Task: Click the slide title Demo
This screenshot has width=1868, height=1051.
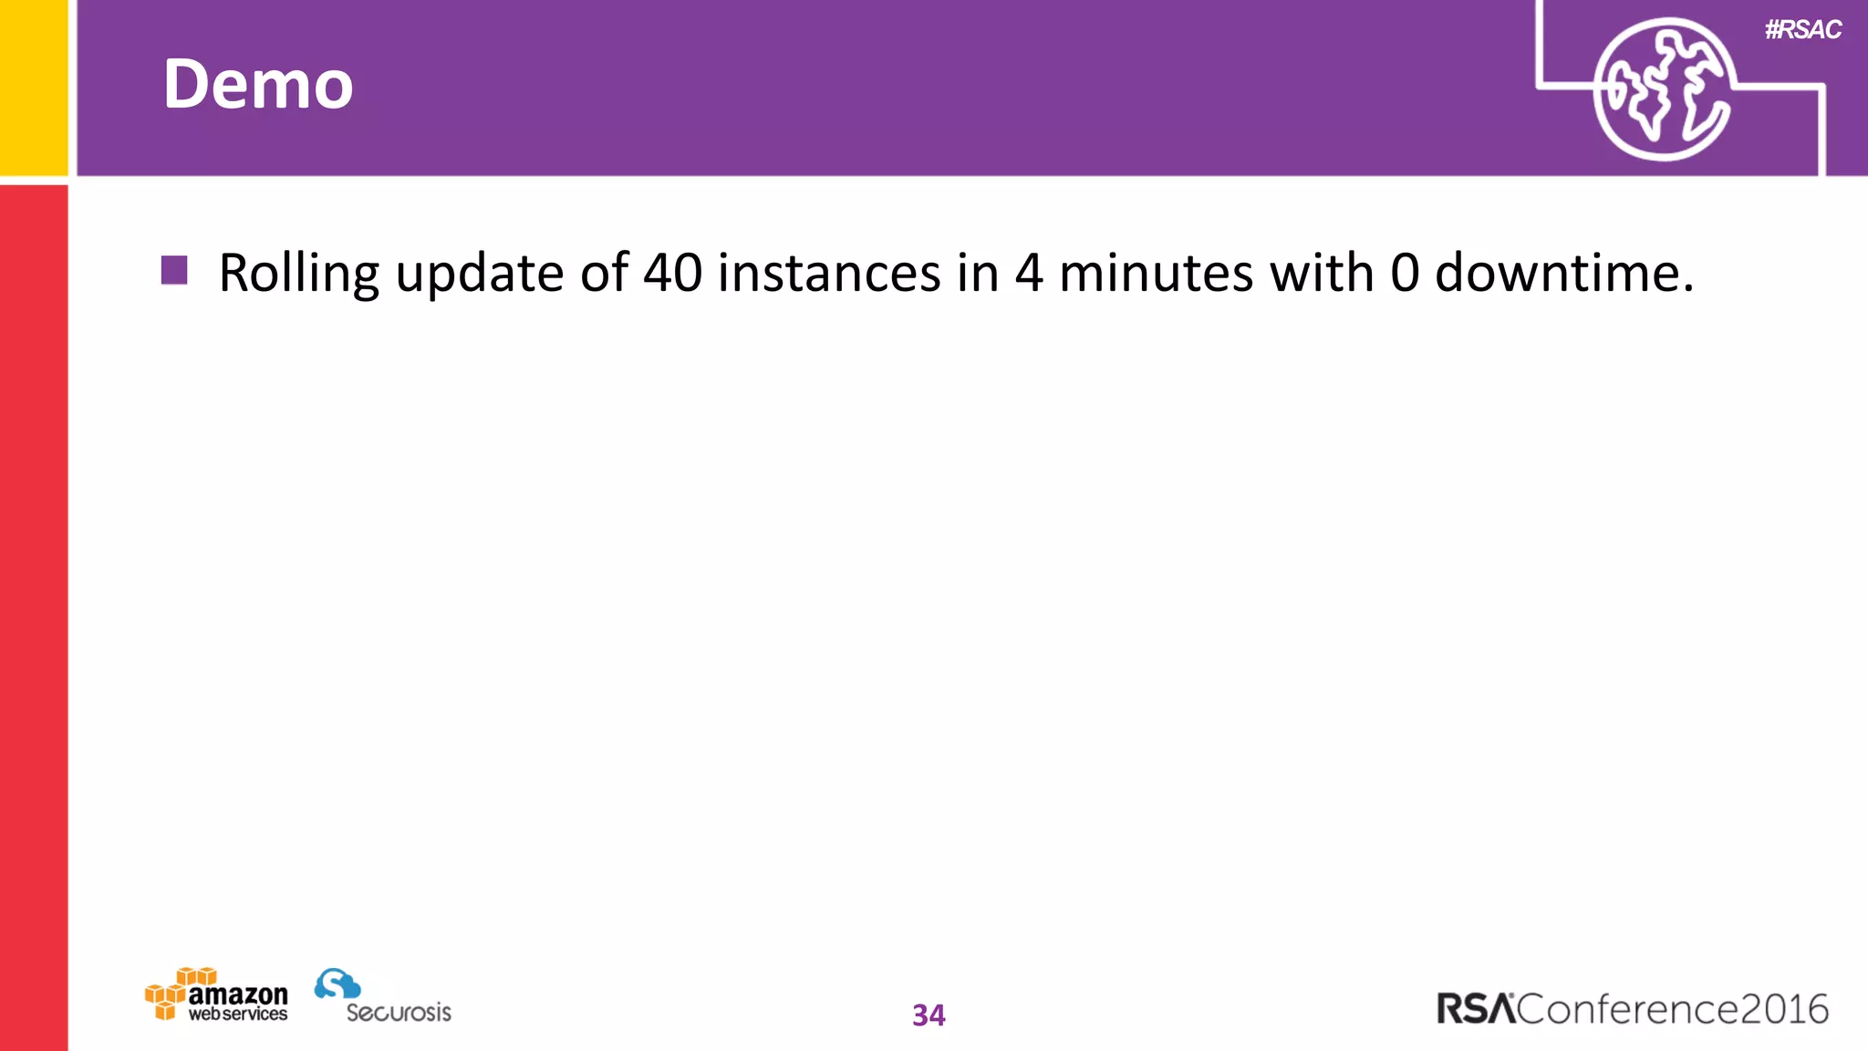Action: (x=258, y=84)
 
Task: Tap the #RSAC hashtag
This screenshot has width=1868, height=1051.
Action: (x=1802, y=30)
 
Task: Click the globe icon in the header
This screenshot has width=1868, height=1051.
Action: (x=1662, y=89)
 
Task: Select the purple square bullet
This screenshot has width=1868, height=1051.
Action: (x=174, y=270)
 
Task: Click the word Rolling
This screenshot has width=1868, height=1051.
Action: (x=299, y=274)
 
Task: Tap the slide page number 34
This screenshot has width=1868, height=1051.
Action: (x=929, y=1015)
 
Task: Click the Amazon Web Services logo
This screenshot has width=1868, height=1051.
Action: (x=217, y=996)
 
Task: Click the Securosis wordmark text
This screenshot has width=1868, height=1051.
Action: (x=399, y=1012)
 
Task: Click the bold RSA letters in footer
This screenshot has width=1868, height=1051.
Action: (x=1476, y=1009)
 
